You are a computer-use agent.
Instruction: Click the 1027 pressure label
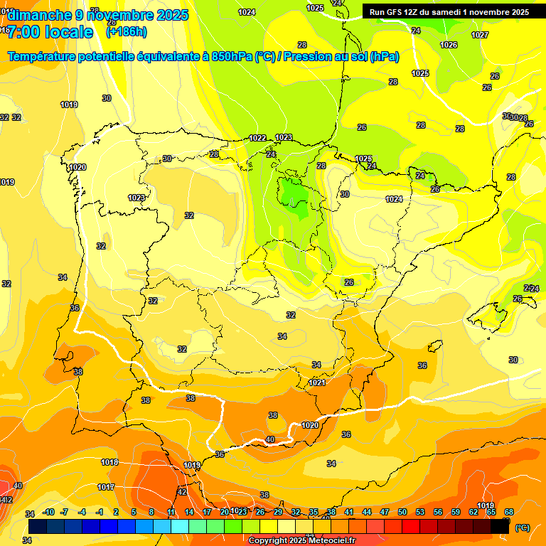480,35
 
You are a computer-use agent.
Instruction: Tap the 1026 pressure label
449,45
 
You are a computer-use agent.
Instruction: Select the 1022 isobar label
257,138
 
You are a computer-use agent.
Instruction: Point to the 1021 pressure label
317,383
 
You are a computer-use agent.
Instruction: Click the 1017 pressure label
106,487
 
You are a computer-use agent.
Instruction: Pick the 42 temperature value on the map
182,492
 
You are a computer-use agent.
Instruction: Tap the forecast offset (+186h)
126,32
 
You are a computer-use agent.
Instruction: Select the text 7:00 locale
50,32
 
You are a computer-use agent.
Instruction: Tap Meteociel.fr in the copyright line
328,541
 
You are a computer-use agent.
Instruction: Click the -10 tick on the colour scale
48,512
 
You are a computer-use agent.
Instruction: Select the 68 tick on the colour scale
509,512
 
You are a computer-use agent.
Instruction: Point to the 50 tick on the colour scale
402,512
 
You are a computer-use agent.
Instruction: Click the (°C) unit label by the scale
522,528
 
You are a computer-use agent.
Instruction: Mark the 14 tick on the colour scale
189,512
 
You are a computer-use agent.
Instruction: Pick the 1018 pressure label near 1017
109,462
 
